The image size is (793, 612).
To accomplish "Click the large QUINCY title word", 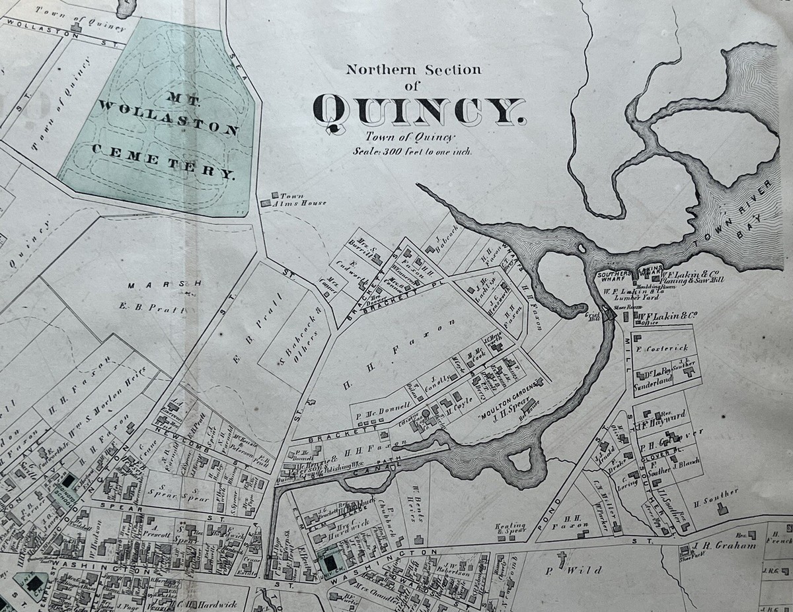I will [x=420, y=109].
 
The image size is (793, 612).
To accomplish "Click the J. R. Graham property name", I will [x=718, y=545].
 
